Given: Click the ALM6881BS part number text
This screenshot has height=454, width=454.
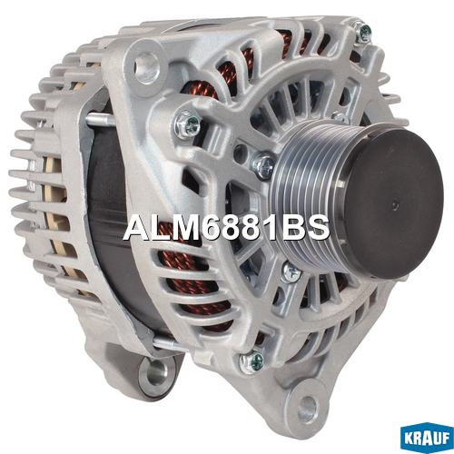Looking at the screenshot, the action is (x=226, y=227).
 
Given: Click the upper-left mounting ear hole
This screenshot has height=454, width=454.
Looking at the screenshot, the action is (x=146, y=67).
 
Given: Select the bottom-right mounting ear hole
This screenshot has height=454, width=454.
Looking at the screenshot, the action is (x=308, y=406).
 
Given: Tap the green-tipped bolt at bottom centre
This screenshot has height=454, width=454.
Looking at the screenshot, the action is (x=253, y=361).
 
